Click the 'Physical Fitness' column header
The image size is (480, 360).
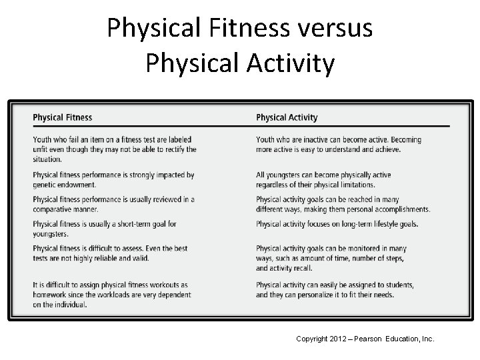click(63, 118)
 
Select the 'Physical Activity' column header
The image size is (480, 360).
click(287, 118)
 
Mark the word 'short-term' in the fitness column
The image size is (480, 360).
click(123, 224)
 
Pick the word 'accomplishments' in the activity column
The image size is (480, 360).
click(399, 209)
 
